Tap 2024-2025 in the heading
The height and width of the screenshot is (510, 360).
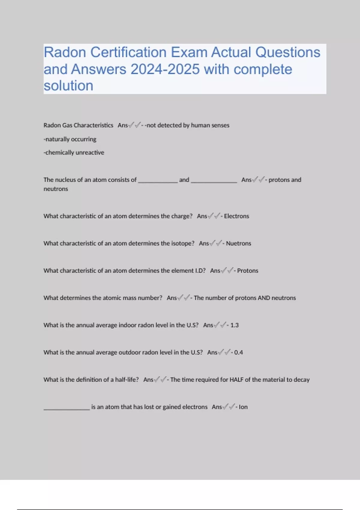point(165,70)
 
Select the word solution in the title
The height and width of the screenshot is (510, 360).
point(68,86)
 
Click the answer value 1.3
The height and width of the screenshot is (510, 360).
point(234,325)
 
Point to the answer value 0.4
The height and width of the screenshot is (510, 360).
point(238,352)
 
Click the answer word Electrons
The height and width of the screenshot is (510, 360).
point(236,216)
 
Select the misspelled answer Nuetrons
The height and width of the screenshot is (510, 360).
point(238,244)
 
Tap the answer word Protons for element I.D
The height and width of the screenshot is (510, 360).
point(247,271)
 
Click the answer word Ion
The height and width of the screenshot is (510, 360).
point(243,407)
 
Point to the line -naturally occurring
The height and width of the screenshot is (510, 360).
point(70,139)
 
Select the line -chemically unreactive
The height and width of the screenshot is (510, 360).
point(74,153)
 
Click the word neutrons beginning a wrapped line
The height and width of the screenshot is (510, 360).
point(56,189)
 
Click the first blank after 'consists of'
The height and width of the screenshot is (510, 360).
point(158,181)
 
